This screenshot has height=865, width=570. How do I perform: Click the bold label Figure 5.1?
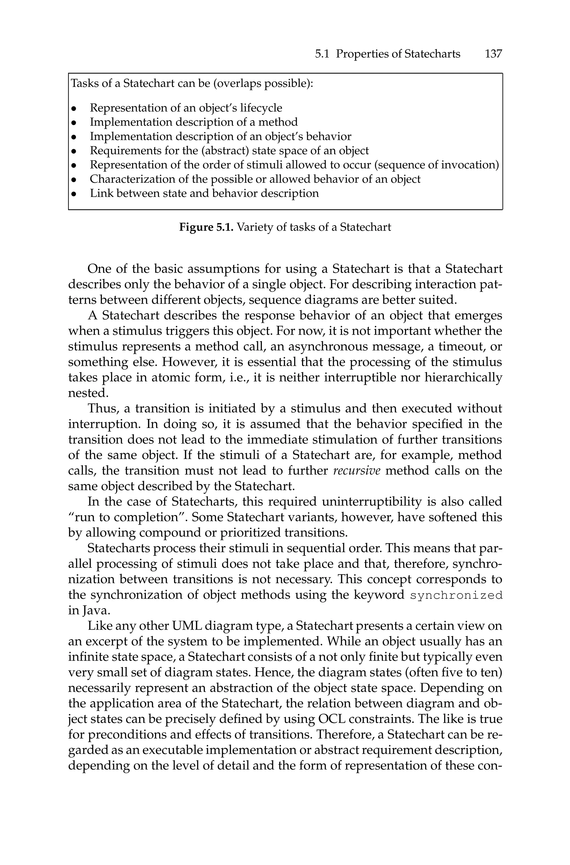pos(206,227)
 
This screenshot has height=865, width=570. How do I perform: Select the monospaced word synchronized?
pos(456,595)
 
